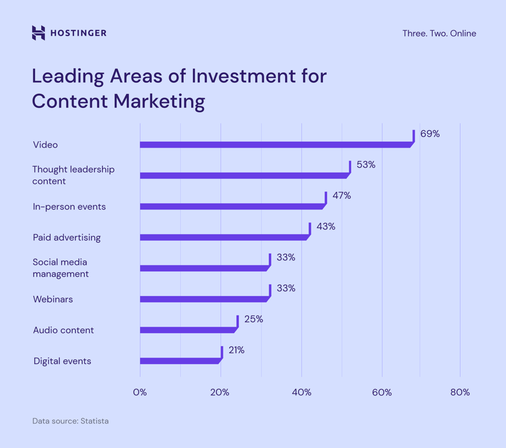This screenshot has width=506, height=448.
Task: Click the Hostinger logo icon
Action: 38,33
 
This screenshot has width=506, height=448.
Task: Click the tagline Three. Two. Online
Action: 439,33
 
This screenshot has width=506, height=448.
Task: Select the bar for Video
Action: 275,145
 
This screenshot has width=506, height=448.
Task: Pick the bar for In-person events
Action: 231,206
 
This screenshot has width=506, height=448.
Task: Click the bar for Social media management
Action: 203,268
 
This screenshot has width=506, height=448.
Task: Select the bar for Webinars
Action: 203,299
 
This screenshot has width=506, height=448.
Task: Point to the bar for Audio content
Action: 187,330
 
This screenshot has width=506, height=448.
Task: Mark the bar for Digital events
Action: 180,361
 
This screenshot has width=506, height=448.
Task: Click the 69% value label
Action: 430,134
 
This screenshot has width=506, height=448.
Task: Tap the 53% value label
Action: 366,165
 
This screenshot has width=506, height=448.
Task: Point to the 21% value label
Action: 236,351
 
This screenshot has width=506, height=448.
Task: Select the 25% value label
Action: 253,320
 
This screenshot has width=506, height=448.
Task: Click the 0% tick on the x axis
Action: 140,393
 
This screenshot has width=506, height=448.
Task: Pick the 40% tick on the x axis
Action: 301,393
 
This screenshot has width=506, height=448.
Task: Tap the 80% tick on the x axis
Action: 460,393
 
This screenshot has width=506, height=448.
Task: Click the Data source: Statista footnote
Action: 71,421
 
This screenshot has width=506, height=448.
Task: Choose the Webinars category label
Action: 52,299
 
